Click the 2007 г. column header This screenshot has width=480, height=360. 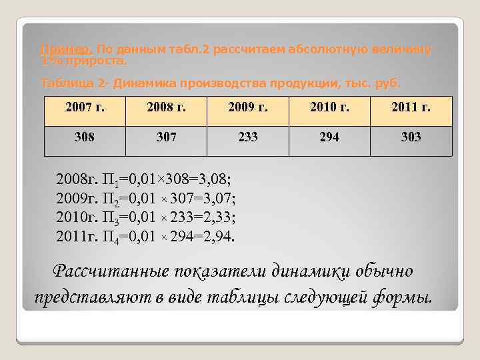(x=85, y=109)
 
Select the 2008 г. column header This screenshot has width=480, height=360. (x=166, y=109)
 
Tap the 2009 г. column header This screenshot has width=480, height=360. (x=247, y=109)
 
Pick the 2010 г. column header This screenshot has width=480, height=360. (x=329, y=109)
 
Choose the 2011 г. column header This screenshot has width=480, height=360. (x=411, y=109)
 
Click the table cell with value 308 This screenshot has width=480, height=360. (x=85, y=137)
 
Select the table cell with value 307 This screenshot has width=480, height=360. (x=166, y=137)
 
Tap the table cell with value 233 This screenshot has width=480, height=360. (x=247, y=137)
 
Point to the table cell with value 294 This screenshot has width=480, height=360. (x=329, y=137)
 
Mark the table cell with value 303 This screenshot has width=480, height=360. (x=411, y=137)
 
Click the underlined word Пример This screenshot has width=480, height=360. (x=67, y=50)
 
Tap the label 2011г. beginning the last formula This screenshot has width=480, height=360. (x=78, y=236)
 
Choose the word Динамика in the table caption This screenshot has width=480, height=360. (x=144, y=83)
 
